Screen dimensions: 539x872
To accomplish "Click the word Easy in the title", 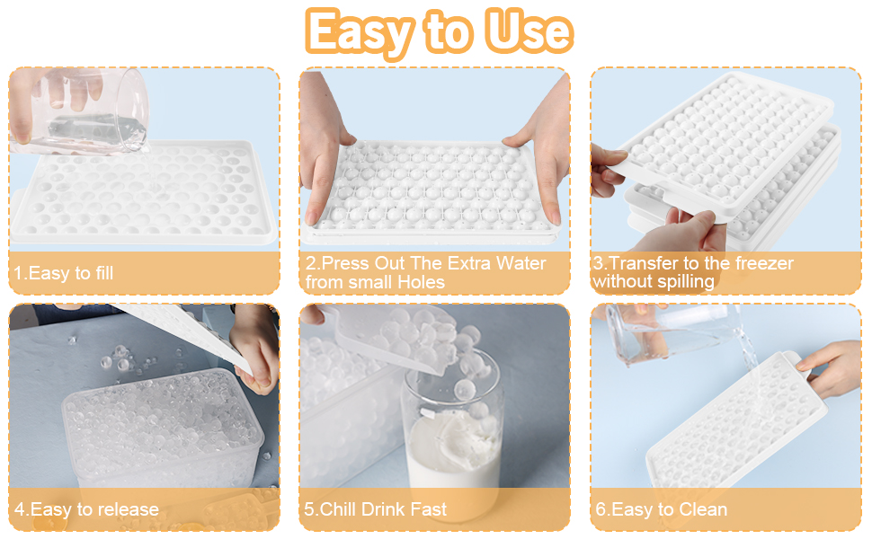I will click(x=358, y=31).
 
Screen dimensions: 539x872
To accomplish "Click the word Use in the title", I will click(x=528, y=31).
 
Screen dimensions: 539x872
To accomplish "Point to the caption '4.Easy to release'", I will click(x=85, y=509).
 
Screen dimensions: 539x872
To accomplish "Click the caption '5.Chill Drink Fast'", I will click(x=377, y=509).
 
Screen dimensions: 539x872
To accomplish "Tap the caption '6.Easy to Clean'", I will click(x=661, y=509).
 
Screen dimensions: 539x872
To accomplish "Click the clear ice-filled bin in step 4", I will click(x=162, y=431).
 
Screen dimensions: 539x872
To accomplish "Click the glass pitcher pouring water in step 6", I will click(x=665, y=332).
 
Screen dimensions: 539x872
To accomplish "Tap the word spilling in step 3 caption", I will click(x=683, y=282).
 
